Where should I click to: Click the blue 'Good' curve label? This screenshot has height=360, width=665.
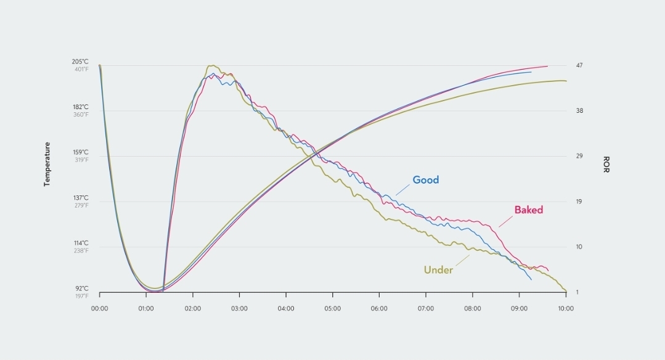pos(425,180)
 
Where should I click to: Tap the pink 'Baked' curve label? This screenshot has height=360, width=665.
pos(529,210)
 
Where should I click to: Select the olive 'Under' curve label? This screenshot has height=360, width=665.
pos(438,270)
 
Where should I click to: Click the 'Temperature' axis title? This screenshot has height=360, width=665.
pos(47,165)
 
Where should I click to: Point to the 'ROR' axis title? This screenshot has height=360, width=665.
pos(606,165)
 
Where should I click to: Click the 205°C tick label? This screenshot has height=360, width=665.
pos(81,62)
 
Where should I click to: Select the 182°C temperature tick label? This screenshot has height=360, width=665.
pos(81,107)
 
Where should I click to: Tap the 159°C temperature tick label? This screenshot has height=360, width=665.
pos(81,152)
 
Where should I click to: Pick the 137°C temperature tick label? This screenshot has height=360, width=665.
pos(81,198)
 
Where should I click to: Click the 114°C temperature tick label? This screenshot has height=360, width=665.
pos(81,243)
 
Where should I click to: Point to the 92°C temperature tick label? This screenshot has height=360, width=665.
pos(81,288)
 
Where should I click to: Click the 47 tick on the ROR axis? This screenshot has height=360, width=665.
pos(579,65)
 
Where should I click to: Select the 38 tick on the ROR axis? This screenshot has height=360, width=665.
pos(579,111)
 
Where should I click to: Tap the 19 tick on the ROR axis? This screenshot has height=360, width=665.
pos(579,202)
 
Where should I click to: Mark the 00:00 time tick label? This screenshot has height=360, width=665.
pos(99,308)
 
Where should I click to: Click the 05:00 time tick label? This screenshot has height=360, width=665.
pos(333,308)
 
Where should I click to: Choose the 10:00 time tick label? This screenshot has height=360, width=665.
pos(565,308)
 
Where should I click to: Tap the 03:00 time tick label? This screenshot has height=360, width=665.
pos(239,308)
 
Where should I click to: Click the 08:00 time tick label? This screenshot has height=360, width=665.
pos(473,308)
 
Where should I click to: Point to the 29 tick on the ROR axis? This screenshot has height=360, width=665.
pos(579,156)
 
